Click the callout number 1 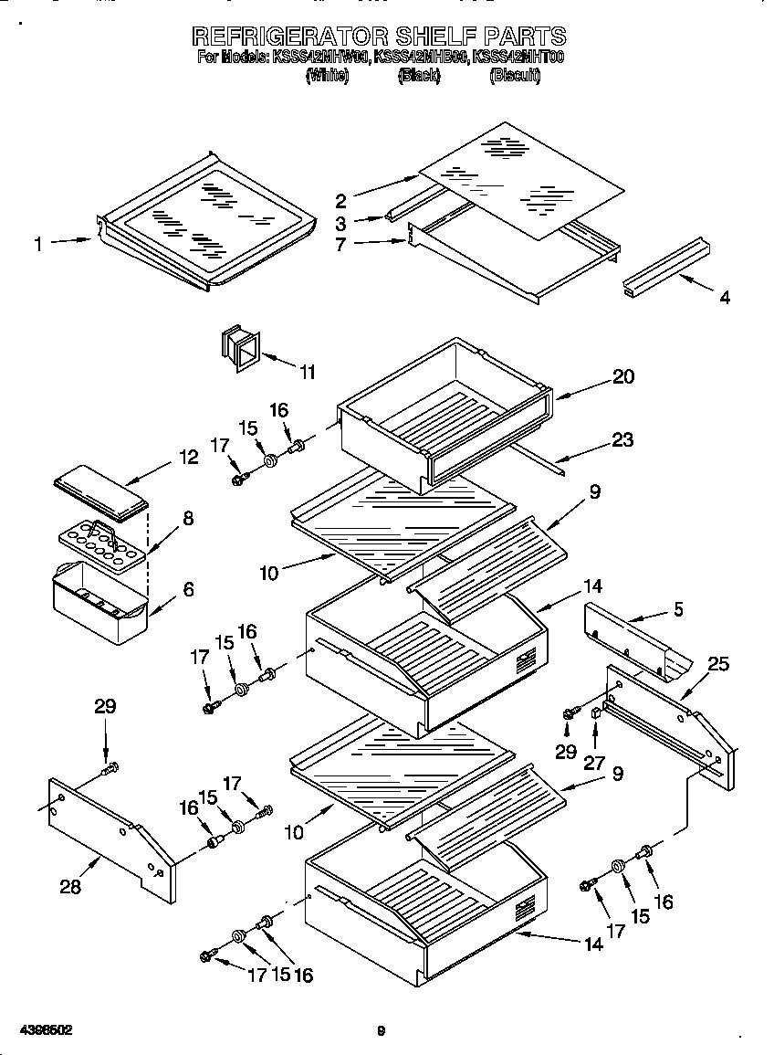click(38, 244)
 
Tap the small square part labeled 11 click(239, 348)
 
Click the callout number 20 click(623, 376)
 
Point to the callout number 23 click(623, 439)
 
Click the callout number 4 click(725, 298)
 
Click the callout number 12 click(188, 458)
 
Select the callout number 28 click(70, 886)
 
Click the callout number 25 click(718, 664)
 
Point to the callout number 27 click(594, 763)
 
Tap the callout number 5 click(675, 608)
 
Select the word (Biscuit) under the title click(515, 77)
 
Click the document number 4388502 click(46, 1030)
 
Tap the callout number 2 click(340, 200)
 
